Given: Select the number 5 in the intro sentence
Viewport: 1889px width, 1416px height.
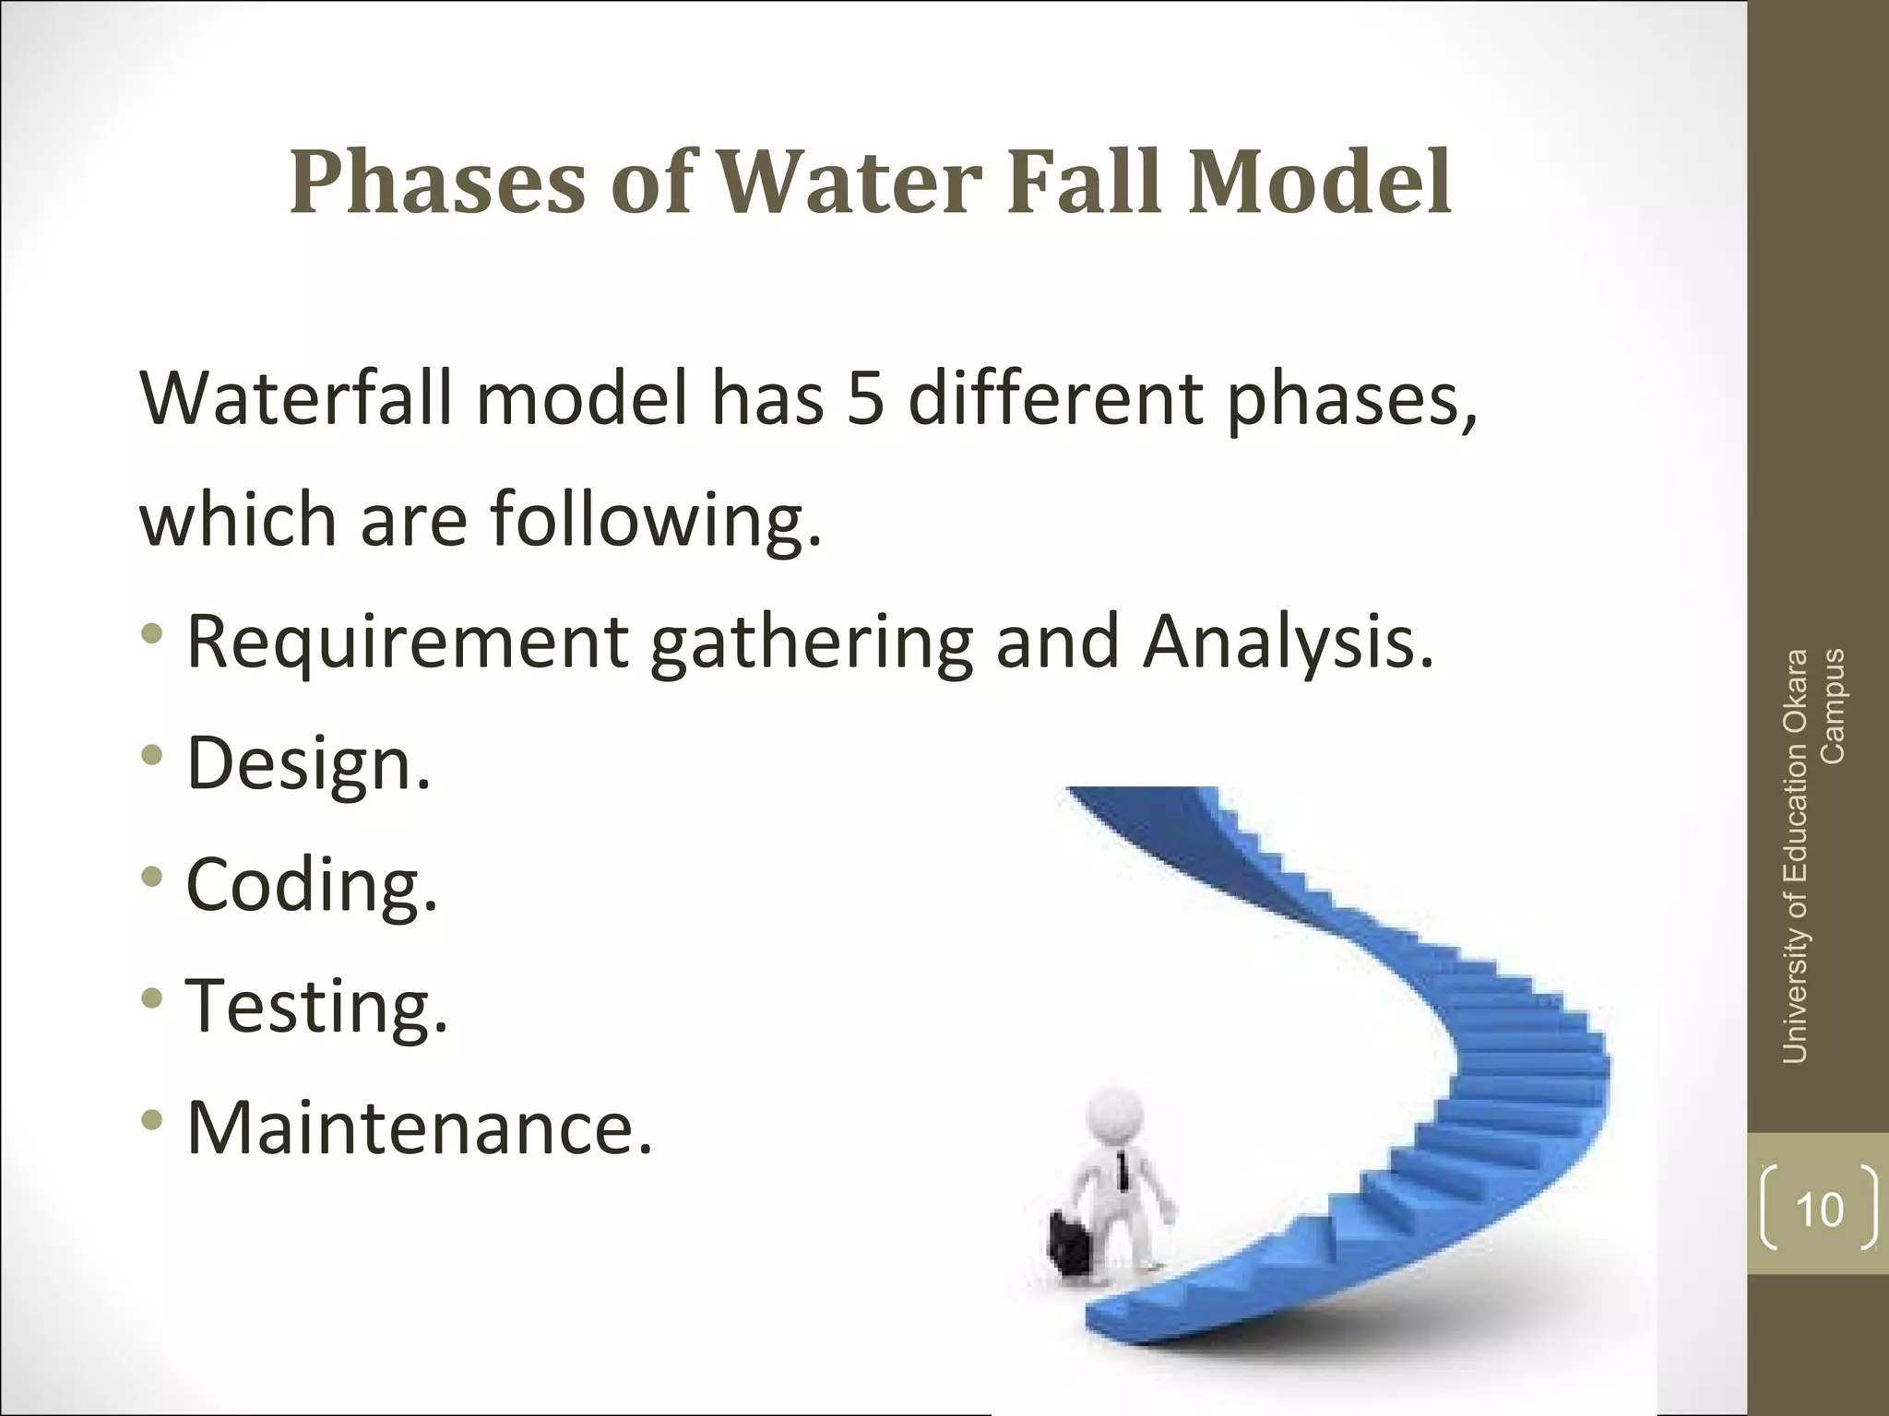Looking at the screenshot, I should click(865, 399).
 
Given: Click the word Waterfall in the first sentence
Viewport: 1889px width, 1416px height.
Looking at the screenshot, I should click(295, 399).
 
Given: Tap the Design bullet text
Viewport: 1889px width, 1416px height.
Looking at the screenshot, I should click(308, 764).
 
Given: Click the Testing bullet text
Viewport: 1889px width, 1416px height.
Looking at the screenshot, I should click(316, 1007).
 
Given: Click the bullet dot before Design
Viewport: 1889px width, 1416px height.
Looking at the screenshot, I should click(152, 756).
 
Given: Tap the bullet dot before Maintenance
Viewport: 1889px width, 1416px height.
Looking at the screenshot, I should click(152, 1120).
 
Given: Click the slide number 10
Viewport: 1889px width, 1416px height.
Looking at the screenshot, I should click(1819, 1209).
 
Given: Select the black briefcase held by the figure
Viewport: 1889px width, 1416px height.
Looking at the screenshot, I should click(1074, 1245).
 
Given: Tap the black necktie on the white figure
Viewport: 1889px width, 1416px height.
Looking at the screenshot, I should click(1123, 1171).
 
